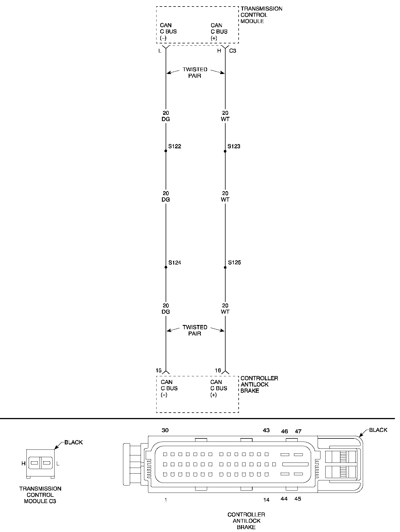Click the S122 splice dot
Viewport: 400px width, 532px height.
pyautogui.click(x=166, y=151)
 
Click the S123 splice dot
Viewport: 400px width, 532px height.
pyautogui.click(x=225, y=151)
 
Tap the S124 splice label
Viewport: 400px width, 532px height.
pyautogui.click(x=175, y=263)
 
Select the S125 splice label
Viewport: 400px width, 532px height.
pyautogui.click(x=234, y=263)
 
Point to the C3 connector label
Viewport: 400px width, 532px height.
pyautogui.click(x=232, y=51)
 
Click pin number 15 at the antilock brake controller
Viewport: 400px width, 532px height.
pyautogui.click(x=159, y=370)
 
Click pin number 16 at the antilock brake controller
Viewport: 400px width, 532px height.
pyautogui.click(x=218, y=370)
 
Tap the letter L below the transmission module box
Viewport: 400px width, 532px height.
pyautogui.click(x=160, y=51)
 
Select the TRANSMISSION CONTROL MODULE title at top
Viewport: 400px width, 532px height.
pyautogui.click(x=261, y=15)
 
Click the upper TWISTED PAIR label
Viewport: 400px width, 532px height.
pyautogui.click(x=195, y=73)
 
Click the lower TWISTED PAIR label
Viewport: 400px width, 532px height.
pyautogui.click(x=195, y=330)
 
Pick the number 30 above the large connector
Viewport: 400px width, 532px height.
pyautogui.click(x=165, y=430)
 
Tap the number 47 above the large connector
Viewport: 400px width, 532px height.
pyautogui.click(x=298, y=431)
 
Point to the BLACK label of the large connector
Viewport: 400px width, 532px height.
pyautogui.click(x=378, y=430)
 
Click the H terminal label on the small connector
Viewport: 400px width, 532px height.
pyautogui.click(x=23, y=464)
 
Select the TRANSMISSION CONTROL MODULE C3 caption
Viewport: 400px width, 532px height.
pyautogui.click(x=40, y=495)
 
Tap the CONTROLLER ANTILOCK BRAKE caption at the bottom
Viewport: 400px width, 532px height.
pyautogui.click(x=246, y=521)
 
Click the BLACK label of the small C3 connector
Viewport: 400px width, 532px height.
pyautogui.click(x=74, y=442)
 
